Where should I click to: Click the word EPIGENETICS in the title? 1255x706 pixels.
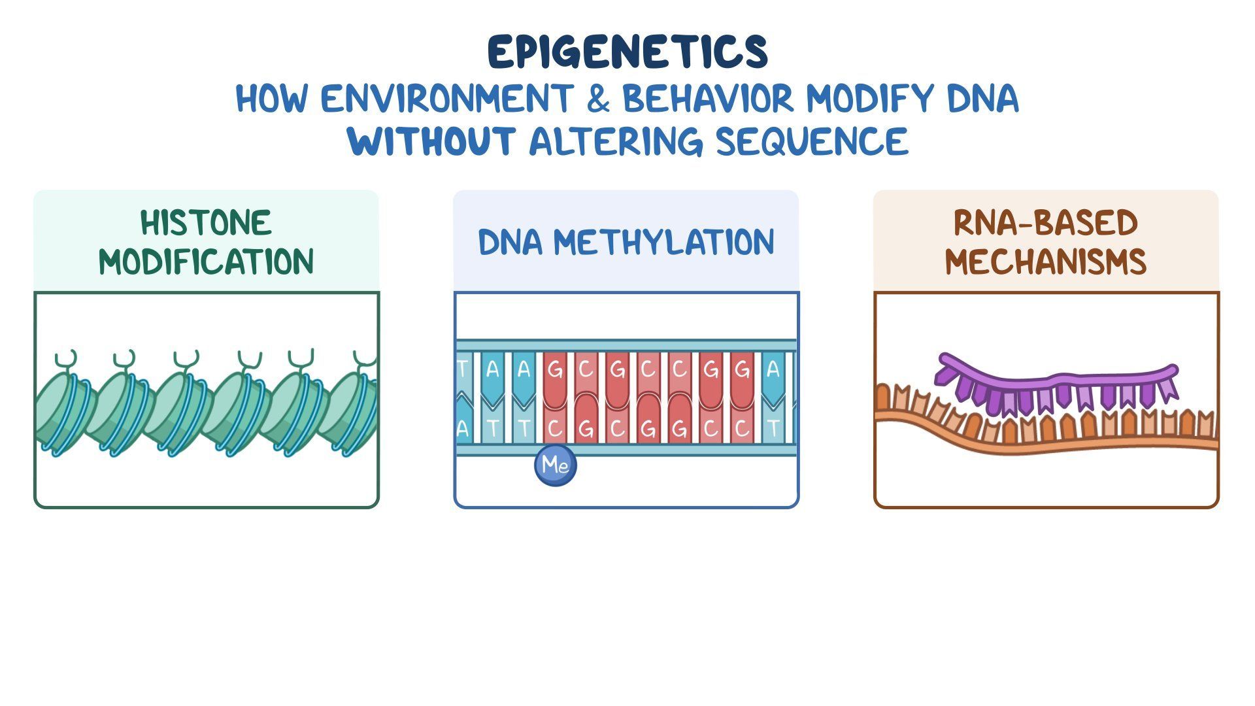click(627, 52)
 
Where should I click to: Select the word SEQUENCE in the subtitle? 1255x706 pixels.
click(812, 141)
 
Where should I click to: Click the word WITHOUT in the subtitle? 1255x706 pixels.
click(431, 141)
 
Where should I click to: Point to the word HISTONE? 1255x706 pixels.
click(206, 223)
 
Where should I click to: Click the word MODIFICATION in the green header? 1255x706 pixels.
click(206, 262)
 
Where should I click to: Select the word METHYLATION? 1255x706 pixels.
click(663, 243)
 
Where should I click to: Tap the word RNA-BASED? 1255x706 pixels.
click(1046, 223)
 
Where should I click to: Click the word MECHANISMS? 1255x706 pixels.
click(1046, 262)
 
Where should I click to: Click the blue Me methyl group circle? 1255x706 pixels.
click(556, 465)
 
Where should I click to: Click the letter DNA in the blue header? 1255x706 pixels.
click(510, 243)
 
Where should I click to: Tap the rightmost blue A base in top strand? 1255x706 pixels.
click(773, 370)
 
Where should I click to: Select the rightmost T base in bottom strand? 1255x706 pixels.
click(773, 429)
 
